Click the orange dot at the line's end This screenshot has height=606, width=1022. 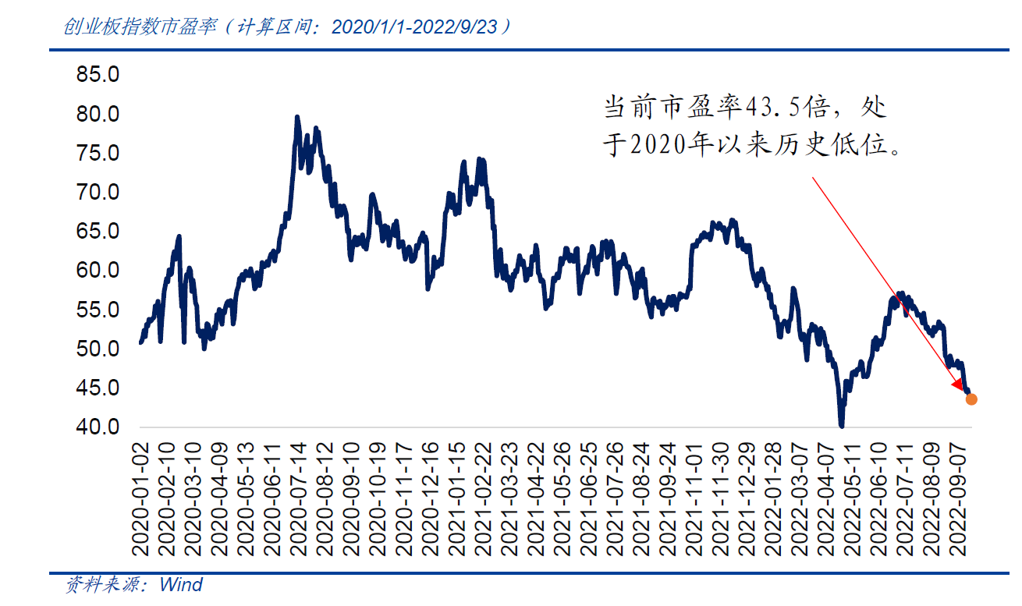(971, 399)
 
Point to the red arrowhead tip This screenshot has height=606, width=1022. (963, 388)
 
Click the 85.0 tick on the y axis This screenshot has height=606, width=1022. (98, 76)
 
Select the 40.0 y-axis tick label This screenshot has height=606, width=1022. (98, 427)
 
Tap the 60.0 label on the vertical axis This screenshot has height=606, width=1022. (98, 271)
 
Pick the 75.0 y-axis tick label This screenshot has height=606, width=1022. (98, 154)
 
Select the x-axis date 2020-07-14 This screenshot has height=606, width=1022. (297, 500)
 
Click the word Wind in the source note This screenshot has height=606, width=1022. (181, 585)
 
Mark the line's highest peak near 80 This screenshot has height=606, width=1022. (296, 117)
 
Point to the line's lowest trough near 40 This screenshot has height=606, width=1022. (842, 426)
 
